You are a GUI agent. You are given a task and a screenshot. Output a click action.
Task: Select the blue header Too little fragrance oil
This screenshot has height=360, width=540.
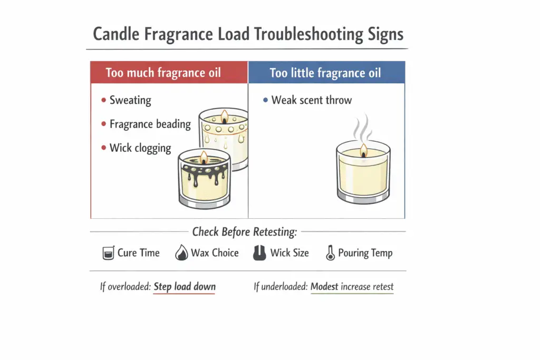click(x=325, y=72)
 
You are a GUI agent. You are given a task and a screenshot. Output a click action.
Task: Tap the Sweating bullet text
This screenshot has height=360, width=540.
click(x=130, y=100)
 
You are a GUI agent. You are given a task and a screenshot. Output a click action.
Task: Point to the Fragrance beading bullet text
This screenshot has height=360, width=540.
click(x=150, y=124)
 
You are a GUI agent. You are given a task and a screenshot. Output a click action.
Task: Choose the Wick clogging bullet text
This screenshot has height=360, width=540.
click(x=140, y=148)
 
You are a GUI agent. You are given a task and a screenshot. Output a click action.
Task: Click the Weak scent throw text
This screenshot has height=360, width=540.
click(x=311, y=100)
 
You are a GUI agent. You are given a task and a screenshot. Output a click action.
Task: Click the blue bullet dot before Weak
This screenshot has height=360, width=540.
click(x=265, y=101)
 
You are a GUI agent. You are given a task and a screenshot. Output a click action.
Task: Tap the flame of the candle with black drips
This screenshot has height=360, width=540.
click(x=202, y=157)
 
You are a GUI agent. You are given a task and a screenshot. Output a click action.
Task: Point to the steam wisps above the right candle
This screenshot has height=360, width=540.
click(x=363, y=129)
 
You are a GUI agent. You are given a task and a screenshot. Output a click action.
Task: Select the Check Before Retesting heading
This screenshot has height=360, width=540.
click(x=245, y=231)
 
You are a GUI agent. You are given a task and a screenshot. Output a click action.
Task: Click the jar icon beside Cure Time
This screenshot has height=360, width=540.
click(x=108, y=254)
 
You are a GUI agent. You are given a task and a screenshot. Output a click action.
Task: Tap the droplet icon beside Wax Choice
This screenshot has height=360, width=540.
click(x=181, y=254)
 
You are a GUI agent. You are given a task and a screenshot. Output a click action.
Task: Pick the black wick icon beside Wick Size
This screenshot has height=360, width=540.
click(x=258, y=254)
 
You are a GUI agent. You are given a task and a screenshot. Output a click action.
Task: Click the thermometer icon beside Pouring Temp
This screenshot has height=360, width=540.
click(x=330, y=254)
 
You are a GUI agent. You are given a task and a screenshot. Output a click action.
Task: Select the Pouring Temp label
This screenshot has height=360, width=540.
click(x=365, y=253)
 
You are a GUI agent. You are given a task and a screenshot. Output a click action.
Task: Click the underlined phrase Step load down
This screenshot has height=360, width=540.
click(x=184, y=287)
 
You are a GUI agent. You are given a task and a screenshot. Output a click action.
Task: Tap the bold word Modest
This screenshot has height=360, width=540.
click(x=324, y=287)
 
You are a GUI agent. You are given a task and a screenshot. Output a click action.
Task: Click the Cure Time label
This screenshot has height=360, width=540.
click(x=138, y=253)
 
